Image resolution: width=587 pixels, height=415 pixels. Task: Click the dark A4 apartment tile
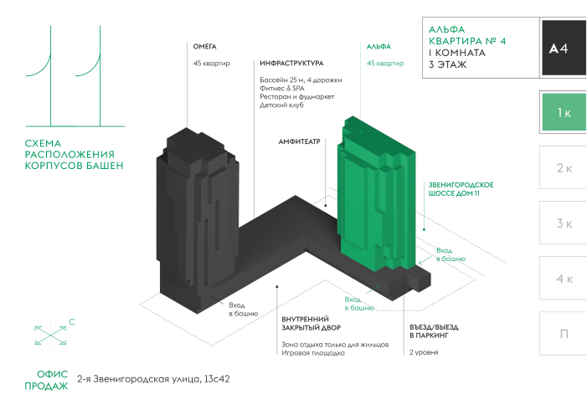coord(559,49)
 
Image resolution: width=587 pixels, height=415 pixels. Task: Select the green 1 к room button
coord(564,112)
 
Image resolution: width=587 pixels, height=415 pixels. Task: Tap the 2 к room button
coord(564,168)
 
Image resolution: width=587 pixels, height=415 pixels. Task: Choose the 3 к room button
coord(564,223)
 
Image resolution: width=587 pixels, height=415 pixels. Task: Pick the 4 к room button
coord(564,279)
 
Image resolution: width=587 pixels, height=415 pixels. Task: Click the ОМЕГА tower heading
coord(205,47)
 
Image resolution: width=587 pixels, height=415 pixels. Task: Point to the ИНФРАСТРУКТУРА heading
coord(291,64)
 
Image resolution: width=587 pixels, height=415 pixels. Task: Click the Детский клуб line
coord(281,105)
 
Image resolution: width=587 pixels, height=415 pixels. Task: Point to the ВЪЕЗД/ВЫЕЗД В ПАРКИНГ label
coord(434,330)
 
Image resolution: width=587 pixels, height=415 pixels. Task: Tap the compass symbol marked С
coord(52,334)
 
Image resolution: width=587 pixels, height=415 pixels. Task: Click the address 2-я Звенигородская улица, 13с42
coord(152,379)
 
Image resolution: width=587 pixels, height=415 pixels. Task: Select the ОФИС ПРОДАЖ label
coord(41,379)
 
